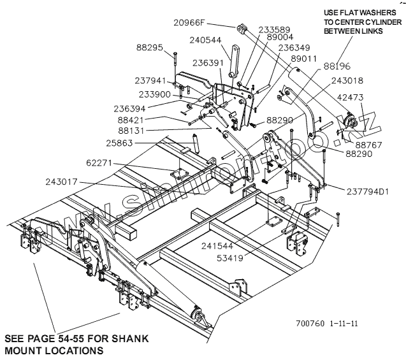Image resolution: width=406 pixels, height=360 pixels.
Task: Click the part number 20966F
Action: (x=190, y=23)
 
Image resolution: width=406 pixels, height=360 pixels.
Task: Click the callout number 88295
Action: (x=150, y=47)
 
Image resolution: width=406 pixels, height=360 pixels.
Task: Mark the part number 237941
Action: (x=150, y=81)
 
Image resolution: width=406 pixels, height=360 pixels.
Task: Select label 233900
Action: (x=156, y=94)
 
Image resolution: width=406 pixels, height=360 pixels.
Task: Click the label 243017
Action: (x=63, y=182)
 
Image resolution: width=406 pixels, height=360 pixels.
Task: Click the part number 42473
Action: (x=368, y=97)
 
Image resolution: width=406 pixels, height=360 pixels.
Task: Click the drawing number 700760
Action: (x=310, y=323)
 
